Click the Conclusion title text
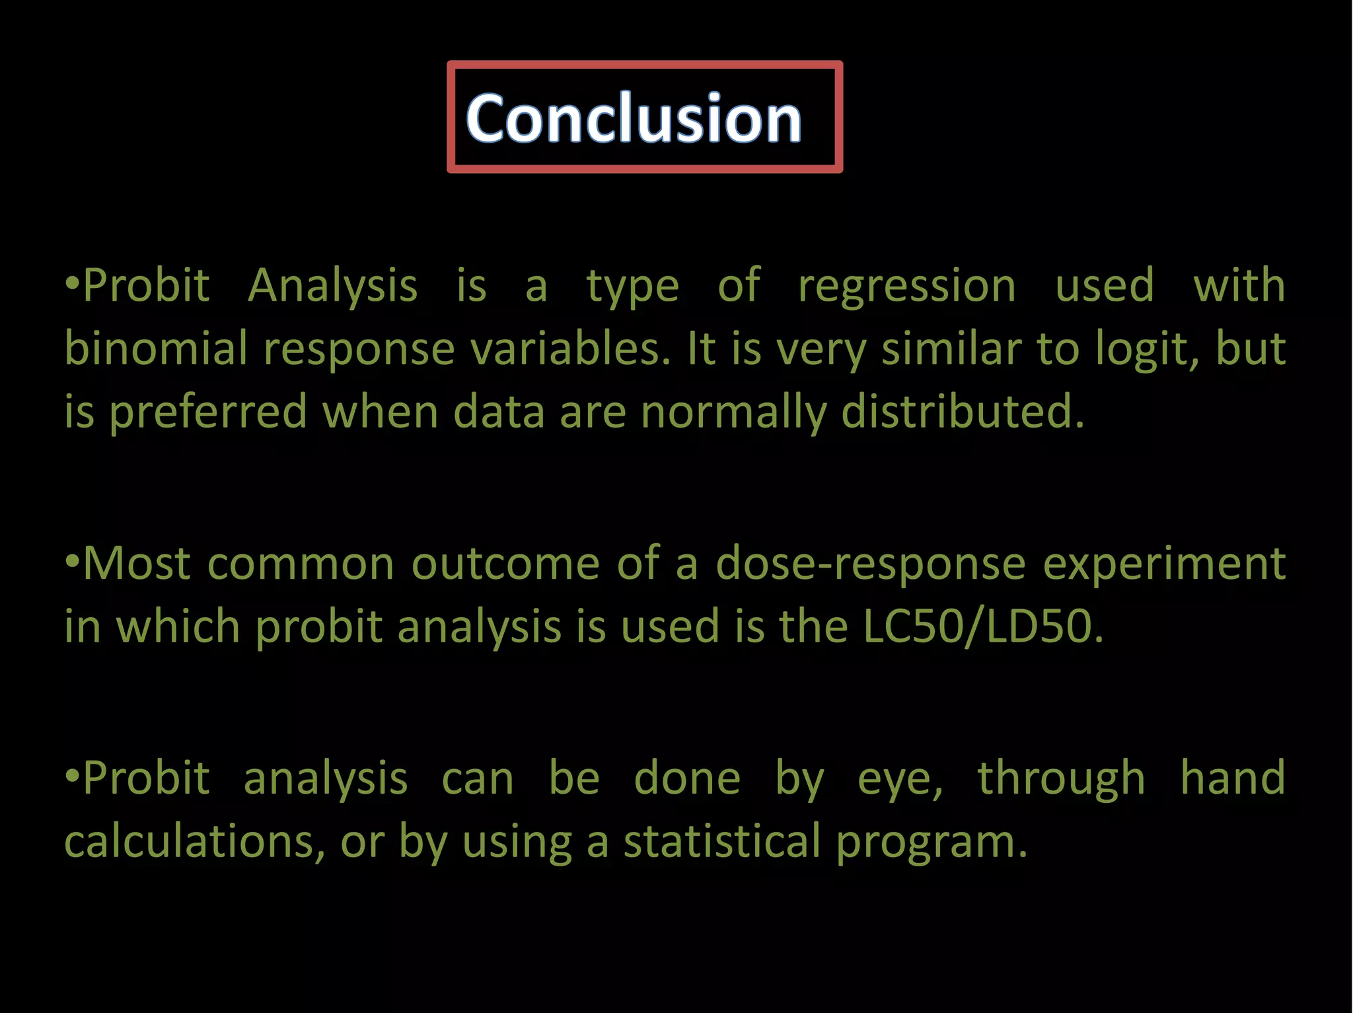click(634, 118)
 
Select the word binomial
click(156, 349)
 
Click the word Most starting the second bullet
click(136, 564)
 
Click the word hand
click(1233, 778)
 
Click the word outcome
click(505, 564)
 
